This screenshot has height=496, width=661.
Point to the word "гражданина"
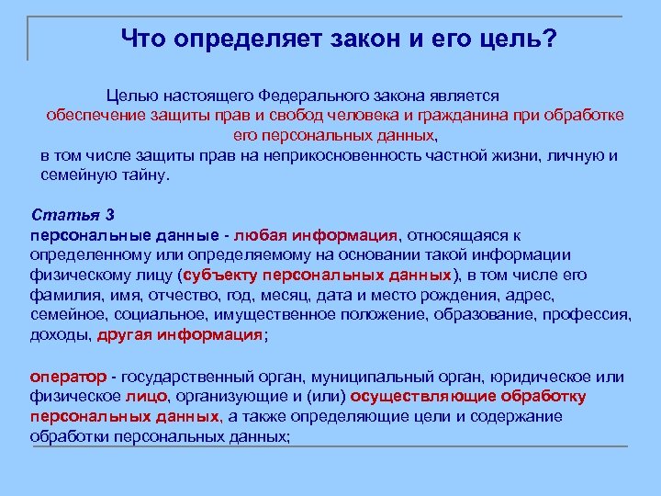[431, 115]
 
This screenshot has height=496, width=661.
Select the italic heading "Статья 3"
[73, 216]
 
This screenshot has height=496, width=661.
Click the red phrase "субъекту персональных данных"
[317, 275]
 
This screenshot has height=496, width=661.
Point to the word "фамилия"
[60, 295]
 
